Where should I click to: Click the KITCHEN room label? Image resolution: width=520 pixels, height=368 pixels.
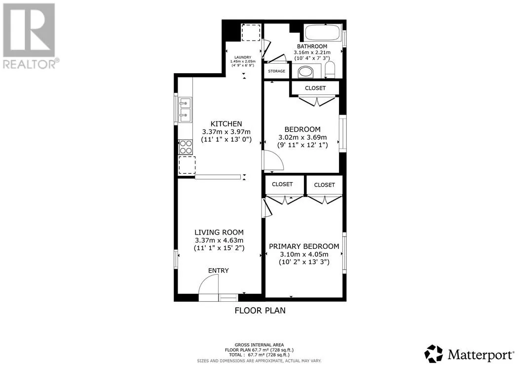(226, 124)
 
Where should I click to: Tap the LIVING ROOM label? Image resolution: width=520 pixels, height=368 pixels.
(219, 233)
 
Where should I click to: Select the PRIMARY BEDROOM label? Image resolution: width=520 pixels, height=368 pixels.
(304, 246)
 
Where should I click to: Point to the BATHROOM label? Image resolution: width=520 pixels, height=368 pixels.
(312, 46)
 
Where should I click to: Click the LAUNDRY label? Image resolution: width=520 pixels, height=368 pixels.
(243, 57)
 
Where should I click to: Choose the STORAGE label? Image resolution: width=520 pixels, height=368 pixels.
(277, 71)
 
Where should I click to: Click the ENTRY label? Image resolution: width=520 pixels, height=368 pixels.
(218, 271)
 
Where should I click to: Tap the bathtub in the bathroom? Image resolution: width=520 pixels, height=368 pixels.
(323, 33)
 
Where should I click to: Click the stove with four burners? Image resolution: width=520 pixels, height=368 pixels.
(186, 147)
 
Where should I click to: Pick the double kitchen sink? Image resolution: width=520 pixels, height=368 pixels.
(185, 110)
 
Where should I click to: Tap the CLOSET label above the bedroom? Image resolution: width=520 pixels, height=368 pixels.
(315, 88)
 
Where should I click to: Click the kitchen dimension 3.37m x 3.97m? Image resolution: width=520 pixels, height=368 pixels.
(226, 132)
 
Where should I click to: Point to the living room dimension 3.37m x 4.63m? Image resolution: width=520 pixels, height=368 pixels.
(219, 241)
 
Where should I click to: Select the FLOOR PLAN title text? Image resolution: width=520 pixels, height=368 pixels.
(260, 311)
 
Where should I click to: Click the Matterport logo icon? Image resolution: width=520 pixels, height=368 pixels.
(434, 354)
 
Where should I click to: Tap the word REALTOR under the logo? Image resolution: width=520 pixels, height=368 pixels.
(29, 64)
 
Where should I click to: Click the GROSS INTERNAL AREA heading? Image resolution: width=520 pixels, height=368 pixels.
(260, 345)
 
